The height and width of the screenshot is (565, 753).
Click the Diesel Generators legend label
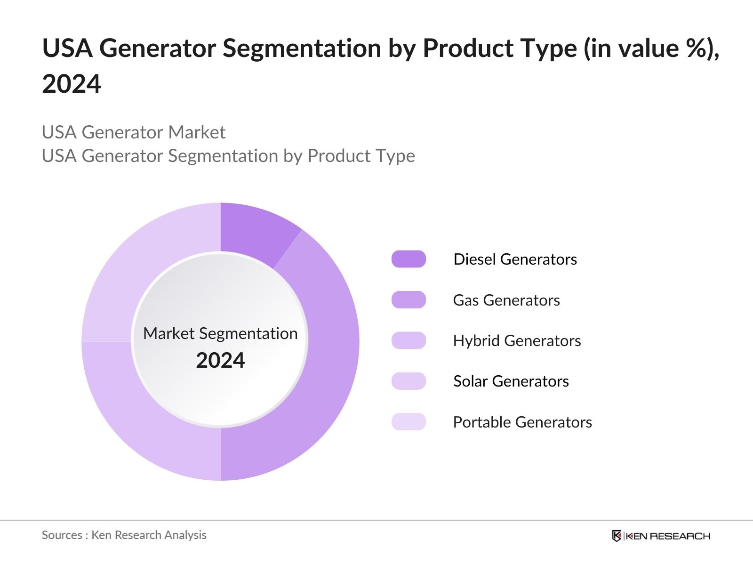tap(515, 259)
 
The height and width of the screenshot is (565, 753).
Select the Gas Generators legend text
tap(506, 300)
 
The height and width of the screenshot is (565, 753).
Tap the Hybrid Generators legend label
tap(517, 341)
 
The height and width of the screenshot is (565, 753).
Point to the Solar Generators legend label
tap(511, 381)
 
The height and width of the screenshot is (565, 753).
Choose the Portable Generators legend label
tap(522, 422)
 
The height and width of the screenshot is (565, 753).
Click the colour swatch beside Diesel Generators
tap(409, 259)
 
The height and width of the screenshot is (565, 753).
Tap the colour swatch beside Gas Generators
tap(409, 300)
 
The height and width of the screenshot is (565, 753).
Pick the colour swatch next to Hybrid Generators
tap(409, 340)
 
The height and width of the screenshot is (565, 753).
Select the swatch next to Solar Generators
tap(409, 381)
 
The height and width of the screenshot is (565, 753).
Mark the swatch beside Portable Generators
tap(409, 422)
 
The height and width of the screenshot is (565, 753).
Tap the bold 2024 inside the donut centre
tap(220, 361)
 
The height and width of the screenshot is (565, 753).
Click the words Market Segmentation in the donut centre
tap(220, 333)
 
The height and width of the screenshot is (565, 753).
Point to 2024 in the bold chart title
tap(72, 84)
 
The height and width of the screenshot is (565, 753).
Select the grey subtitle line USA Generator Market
tap(134, 132)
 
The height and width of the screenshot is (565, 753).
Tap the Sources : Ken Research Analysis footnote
tap(124, 535)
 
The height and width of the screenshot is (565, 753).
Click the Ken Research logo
tap(661, 536)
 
